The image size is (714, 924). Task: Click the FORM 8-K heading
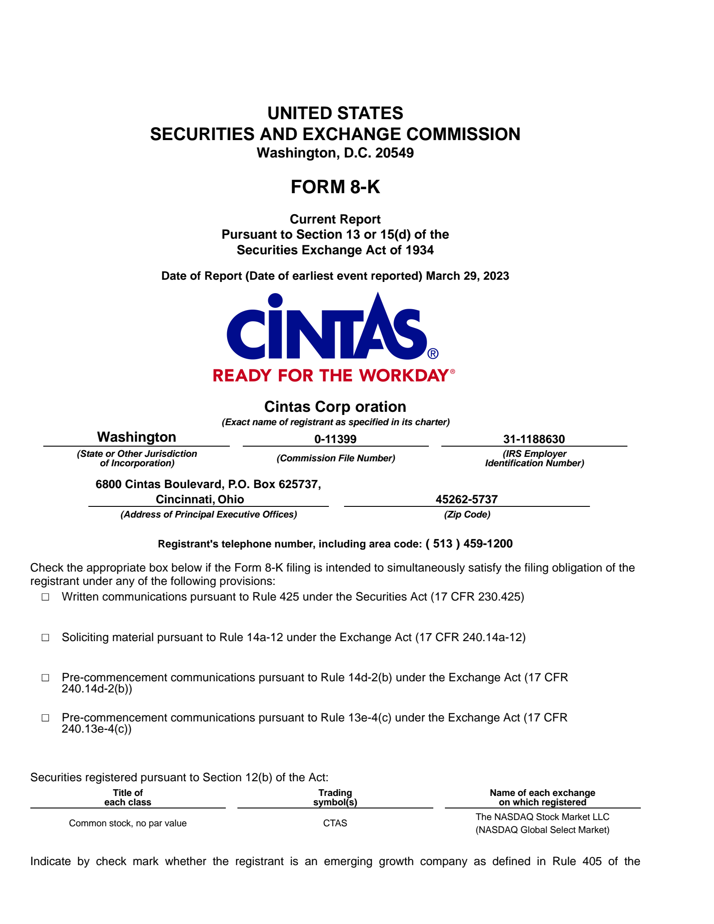[x=335, y=187]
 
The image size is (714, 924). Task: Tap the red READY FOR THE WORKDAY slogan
[x=331, y=376]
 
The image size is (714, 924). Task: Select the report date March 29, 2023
[x=467, y=276]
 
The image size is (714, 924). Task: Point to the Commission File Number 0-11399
[x=335, y=439]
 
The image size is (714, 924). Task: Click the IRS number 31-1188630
[x=534, y=439]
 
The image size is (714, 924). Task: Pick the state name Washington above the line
[x=137, y=437]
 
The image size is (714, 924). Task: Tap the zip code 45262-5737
[x=466, y=499]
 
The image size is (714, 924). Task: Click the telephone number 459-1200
[x=488, y=544]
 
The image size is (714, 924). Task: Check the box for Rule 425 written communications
[x=46, y=597]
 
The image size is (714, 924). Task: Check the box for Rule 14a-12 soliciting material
[x=46, y=638]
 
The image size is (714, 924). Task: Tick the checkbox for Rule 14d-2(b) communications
[x=46, y=678]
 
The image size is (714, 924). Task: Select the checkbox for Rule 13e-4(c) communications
[x=46, y=718]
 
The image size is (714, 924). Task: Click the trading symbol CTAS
[x=335, y=823]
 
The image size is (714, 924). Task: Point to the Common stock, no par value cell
[x=128, y=823]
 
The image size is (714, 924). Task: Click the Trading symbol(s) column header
[x=335, y=798]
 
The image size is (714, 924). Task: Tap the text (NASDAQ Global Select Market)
[x=542, y=830]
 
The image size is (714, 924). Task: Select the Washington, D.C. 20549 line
[x=335, y=153]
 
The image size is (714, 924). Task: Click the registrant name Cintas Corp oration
[x=335, y=407]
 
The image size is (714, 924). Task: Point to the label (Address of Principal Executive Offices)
[x=208, y=514]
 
